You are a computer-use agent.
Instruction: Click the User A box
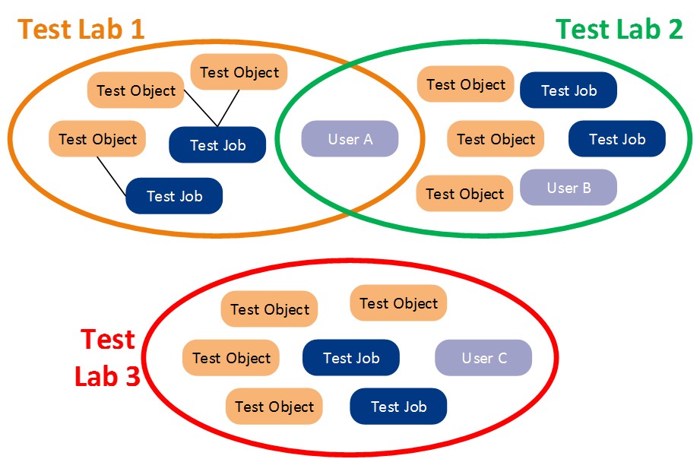[x=350, y=139]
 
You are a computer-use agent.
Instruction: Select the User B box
[x=569, y=188]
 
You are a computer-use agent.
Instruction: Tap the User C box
[x=483, y=358]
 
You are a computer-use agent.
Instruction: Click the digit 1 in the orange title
[x=138, y=29]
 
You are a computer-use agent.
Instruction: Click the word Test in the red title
[x=108, y=340]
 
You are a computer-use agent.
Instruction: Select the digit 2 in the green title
[x=674, y=29]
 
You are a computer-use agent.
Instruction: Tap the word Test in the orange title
[x=45, y=29]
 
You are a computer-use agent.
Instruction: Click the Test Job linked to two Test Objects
[x=217, y=144]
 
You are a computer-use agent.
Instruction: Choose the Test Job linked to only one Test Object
[x=174, y=196]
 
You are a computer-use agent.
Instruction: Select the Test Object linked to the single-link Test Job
[x=97, y=139]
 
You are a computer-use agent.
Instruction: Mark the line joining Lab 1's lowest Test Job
[x=112, y=176]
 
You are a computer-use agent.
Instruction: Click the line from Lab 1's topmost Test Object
[x=228, y=109]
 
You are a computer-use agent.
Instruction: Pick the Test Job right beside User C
[x=351, y=358]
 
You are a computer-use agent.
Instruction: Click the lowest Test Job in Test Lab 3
[x=398, y=407]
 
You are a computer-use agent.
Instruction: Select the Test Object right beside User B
[x=464, y=193]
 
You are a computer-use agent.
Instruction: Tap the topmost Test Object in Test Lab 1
[x=239, y=72]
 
